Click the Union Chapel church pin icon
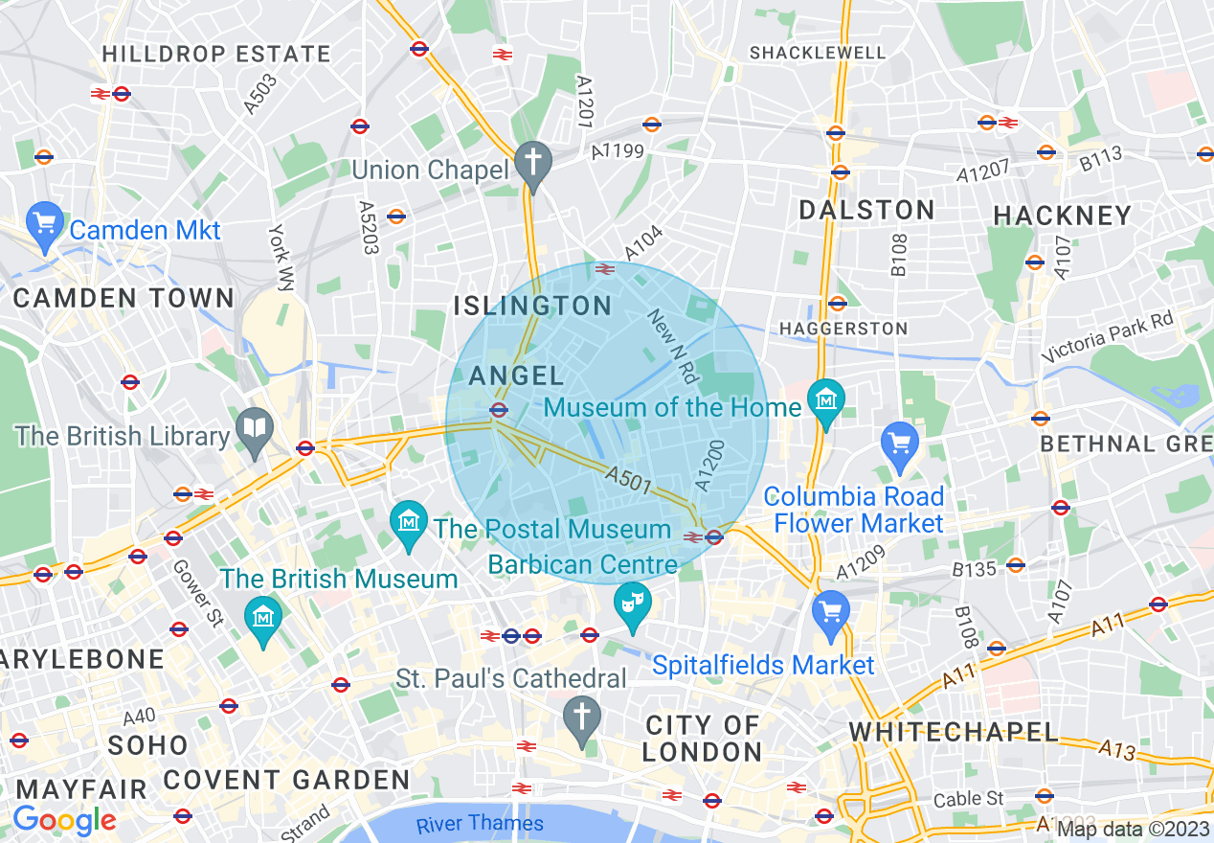click(x=532, y=160)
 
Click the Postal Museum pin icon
click(x=409, y=521)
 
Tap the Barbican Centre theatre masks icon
click(x=632, y=602)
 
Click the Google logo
click(x=64, y=821)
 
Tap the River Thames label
click(x=480, y=824)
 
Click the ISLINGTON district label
click(x=531, y=307)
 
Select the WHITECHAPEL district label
click(x=954, y=733)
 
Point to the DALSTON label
click(x=866, y=211)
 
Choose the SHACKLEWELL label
click(x=817, y=54)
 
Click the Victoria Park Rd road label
click(x=1108, y=338)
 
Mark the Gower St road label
click(x=197, y=593)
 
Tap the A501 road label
click(x=630, y=478)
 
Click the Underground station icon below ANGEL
click(x=498, y=410)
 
